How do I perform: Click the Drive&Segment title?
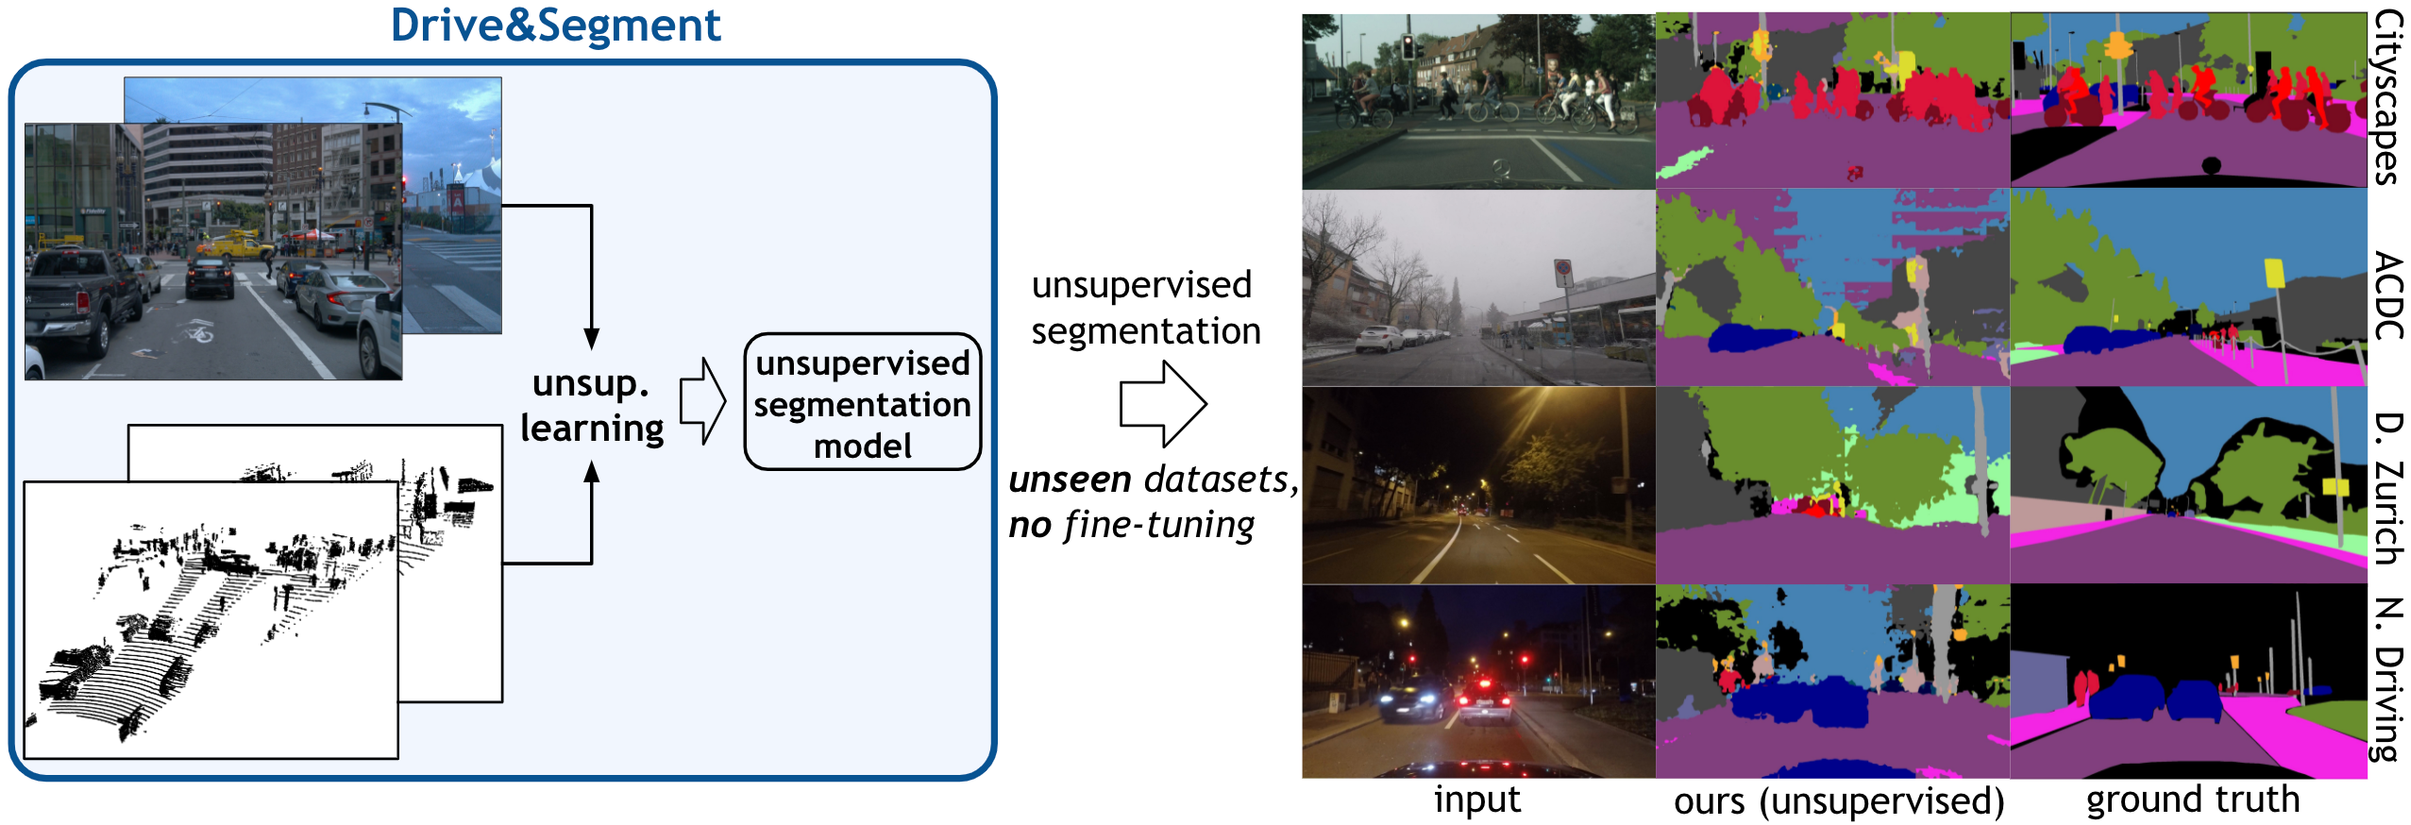(555, 25)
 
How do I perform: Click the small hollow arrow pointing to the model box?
(702, 401)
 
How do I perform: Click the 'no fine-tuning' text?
(1131, 525)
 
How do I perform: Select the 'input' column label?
(1476, 800)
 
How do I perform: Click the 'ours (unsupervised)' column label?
(1838, 801)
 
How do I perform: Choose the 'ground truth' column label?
(2192, 800)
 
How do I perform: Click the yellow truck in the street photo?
(234, 247)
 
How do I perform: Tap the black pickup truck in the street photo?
(80, 300)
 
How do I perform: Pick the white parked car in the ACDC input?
(1378, 338)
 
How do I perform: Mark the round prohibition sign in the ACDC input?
(1563, 274)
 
